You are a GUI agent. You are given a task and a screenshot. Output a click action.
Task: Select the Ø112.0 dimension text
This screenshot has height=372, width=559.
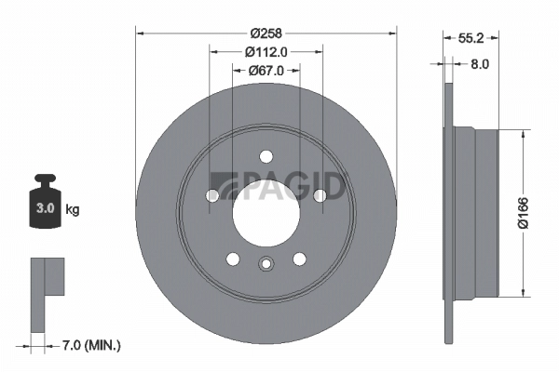pyautogui.click(x=266, y=52)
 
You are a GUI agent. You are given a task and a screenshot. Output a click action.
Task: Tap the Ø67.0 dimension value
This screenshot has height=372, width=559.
pyautogui.click(x=266, y=70)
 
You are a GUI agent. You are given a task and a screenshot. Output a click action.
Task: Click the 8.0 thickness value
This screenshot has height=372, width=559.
pyautogui.click(x=479, y=64)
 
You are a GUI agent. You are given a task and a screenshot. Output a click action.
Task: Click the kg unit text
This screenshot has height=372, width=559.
pyautogui.click(x=73, y=210)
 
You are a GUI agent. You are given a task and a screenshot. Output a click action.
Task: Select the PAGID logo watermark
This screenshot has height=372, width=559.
pyautogui.click(x=279, y=185)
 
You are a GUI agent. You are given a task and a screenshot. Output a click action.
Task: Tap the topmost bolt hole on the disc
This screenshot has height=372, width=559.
pyautogui.click(x=266, y=156)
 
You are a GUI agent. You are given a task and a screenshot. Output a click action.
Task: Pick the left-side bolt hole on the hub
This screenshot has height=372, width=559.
pyautogui.click(x=212, y=195)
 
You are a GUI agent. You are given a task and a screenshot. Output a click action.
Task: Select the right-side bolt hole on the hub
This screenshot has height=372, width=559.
pyautogui.click(x=320, y=195)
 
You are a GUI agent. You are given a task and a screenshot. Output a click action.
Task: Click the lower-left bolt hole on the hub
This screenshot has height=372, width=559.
pyautogui.click(x=233, y=258)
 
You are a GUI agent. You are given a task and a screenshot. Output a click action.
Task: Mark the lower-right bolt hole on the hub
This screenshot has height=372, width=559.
pyautogui.click(x=299, y=258)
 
